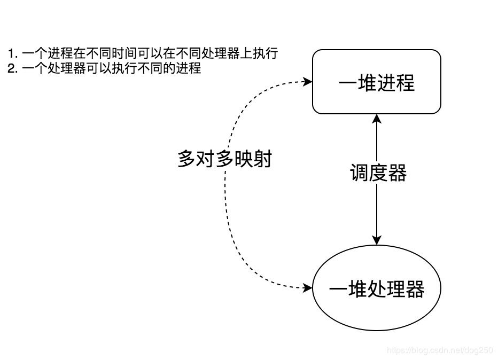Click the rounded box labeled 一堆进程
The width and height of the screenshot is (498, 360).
(376, 82)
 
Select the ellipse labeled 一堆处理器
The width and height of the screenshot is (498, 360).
(376, 289)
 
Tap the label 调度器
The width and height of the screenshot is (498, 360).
(378, 173)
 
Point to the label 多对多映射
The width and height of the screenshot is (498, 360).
(224, 159)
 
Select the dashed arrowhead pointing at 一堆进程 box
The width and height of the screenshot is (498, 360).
(308, 82)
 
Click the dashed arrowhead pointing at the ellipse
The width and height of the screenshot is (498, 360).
(308, 288)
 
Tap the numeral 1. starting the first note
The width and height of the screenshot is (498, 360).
(13, 54)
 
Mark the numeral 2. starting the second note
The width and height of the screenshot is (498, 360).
(13, 68)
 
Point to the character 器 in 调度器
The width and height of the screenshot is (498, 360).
(397, 173)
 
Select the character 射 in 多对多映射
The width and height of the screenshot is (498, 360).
(262, 159)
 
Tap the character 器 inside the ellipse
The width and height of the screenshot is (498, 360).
(414, 289)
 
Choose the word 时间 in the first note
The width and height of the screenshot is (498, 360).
(126, 54)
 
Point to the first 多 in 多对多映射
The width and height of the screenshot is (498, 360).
(187, 159)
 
